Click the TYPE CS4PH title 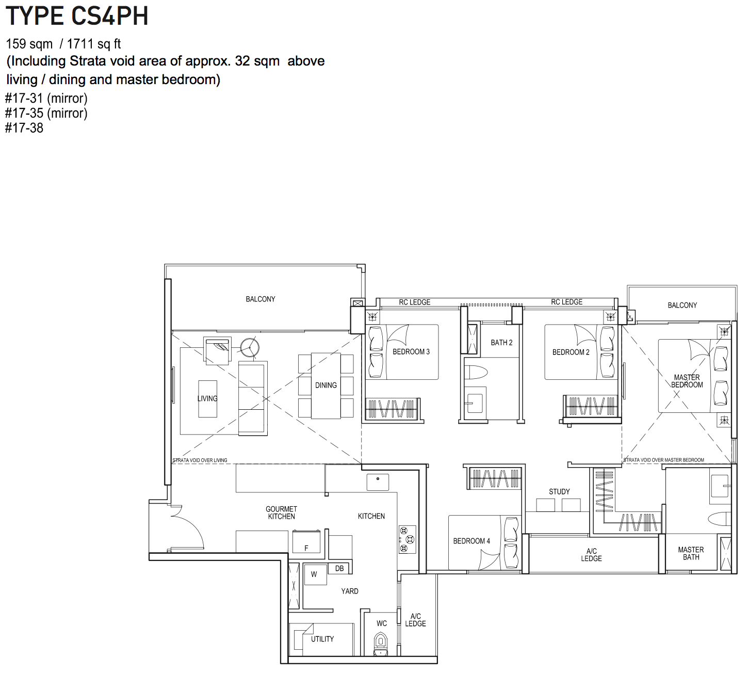click(x=77, y=16)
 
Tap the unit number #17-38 click(x=24, y=128)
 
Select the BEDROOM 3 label click(x=411, y=352)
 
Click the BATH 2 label click(x=501, y=343)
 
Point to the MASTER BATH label click(x=691, y=553)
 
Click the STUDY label click(x=559, y=492)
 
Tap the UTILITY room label click(x=322, y=639)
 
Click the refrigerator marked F click(x=306, y=542)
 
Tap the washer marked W click(x=316, y=574)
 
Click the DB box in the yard click(x=339, y=569)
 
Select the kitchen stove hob click(x=407, y=539)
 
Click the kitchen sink click(x=378, y=482)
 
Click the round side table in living click(x=250, y=348)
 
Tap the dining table click(x=326, y=386)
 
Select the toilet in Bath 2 click(x=476, y=372)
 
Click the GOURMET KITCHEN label click(x=281, y=512)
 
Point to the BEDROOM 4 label click(x=471, y=541)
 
